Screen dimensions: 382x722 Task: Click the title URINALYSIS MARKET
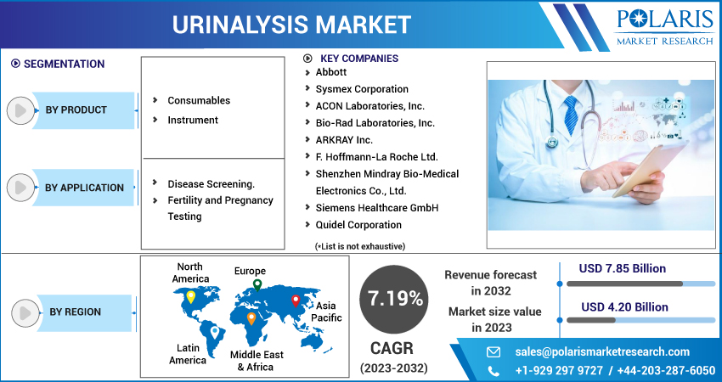[292, 23]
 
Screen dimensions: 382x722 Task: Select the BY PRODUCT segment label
[76, 110]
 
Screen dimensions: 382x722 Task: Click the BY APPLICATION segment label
[84, 188]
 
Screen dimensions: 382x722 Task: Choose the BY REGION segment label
[75, 312]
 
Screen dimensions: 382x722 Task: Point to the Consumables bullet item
[199, 100]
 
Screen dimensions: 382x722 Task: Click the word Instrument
[193, 120]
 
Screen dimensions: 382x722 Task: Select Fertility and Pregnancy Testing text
[220, 208]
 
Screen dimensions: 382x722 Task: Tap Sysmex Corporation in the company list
[362, 89]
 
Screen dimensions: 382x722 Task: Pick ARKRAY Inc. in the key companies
[344, 140]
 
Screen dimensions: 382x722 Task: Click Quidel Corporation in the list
[358, 225]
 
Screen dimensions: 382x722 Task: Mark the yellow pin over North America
[191, 296]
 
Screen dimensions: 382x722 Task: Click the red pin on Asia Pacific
[296, 301]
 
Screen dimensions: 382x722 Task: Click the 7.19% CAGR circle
[394, 298]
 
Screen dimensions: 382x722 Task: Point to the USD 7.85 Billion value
[623, 268]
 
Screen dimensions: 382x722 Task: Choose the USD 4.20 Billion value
[623, 306]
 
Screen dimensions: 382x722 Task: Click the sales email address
[602, 351]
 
